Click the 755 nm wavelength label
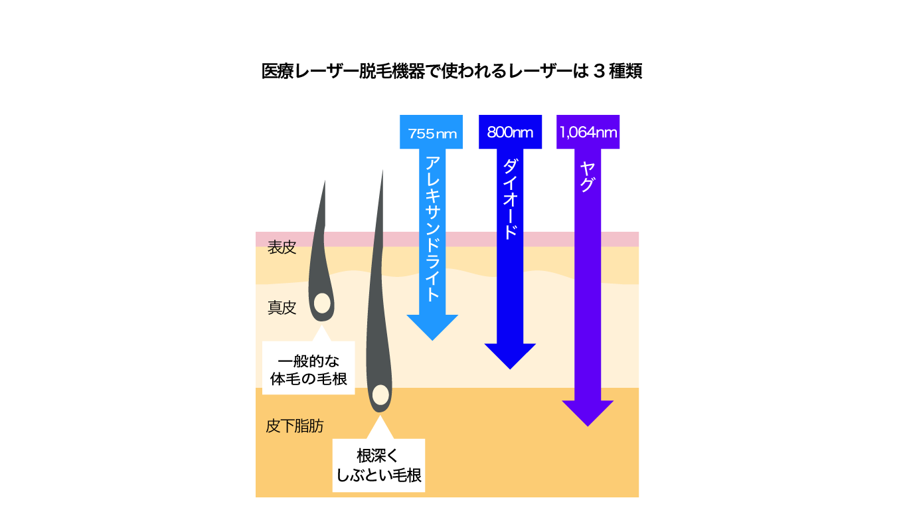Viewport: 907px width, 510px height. pos(432,133)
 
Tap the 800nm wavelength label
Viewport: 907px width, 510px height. pos(510,132)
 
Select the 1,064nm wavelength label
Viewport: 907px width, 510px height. pos(588,132)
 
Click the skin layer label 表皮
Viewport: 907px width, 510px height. pos(282,248)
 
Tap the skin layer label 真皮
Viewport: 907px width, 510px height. pos(282,307)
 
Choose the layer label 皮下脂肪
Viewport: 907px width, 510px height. pos(295,426)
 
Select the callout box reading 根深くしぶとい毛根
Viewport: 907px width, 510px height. pos(378,466)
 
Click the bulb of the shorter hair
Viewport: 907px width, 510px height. pos(323,303)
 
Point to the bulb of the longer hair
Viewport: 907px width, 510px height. pos(380,394)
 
